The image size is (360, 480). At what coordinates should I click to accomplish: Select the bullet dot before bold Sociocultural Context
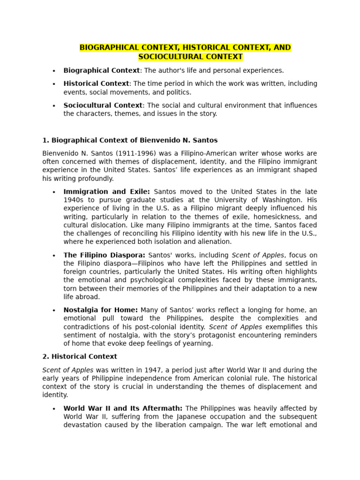pyautogui.click(x=54, y=106)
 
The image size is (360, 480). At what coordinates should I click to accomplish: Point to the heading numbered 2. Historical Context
pyautogui.click(x=74, y=357)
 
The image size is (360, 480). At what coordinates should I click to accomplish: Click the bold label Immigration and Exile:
pyautogui.click(x=107, y=192)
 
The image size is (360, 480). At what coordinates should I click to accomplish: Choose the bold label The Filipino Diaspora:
pyautogui.click(x=105, y=255)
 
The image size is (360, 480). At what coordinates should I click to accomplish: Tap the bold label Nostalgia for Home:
pyautogui.click(x=101, y=310)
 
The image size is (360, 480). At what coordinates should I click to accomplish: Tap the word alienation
pyautogui.click(x=215, y=242)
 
